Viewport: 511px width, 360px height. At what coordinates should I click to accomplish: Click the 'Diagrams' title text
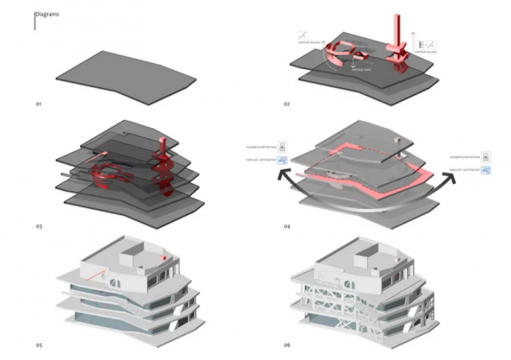[47, 14]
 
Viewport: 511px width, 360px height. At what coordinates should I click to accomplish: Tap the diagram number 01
[37, 104]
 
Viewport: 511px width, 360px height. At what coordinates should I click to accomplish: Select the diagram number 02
[288, 104]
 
